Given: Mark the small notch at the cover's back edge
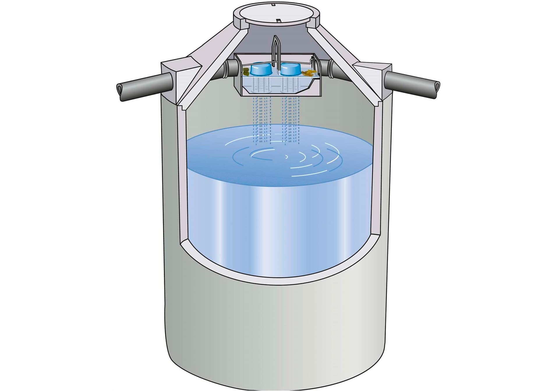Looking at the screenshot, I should tap(274, 5).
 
